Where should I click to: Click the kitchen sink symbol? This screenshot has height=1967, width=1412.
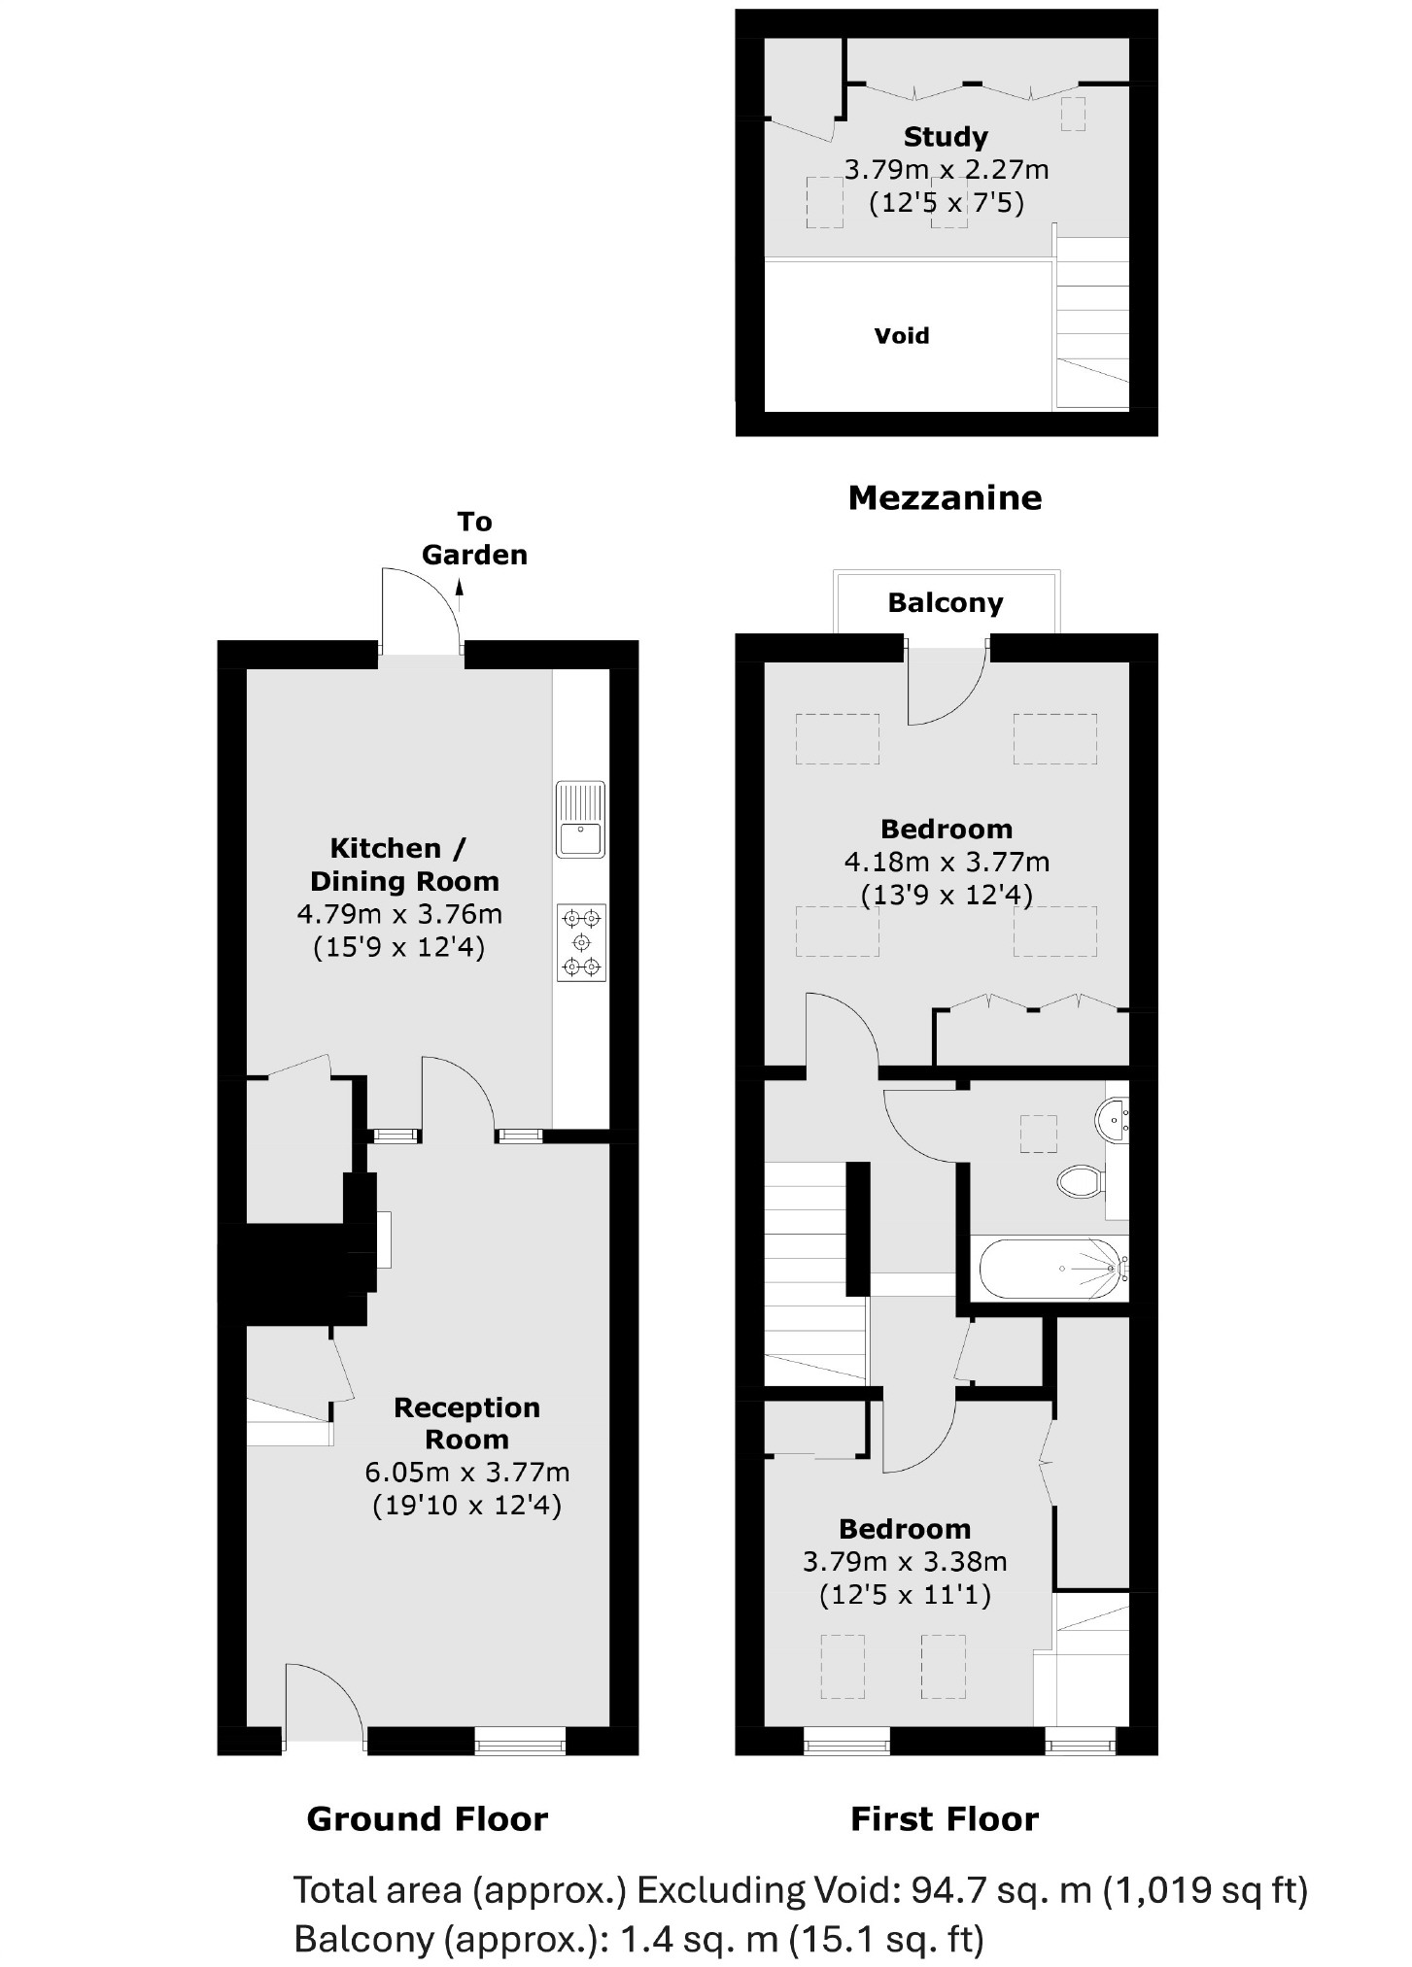(x=580, y=820)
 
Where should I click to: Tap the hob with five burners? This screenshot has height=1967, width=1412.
(x=581, y=941)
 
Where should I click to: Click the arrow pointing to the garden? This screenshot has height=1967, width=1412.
(x=460, y=586)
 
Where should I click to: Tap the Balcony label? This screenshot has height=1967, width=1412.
(x=945, y=603)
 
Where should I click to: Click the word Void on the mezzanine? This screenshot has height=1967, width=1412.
(x=902, y=336)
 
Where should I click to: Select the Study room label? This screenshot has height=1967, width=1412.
(x=946, y=137)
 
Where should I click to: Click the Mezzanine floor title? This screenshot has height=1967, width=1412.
(x=945, y=498)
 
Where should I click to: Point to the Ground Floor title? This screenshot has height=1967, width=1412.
(x=427, y=1818)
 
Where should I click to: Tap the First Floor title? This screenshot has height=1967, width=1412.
(x=945, y=1818)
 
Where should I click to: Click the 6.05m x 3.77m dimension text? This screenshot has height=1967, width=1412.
(x=467, y=1473)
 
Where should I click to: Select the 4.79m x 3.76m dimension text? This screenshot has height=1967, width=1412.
(x=399, y=914)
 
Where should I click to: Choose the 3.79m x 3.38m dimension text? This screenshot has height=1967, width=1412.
(x=905, y=1562)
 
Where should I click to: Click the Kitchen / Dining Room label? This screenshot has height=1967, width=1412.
(x=403, y=865)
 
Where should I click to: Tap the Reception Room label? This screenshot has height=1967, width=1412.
(x=466, y=1423)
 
